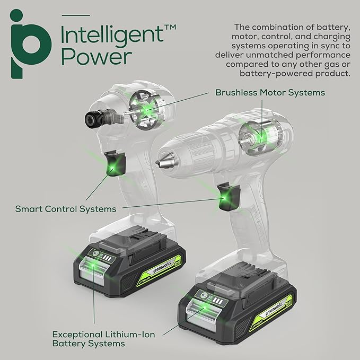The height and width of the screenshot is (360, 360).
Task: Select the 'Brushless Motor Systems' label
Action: (270, 92)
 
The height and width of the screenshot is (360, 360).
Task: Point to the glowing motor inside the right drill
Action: (257, 135)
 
